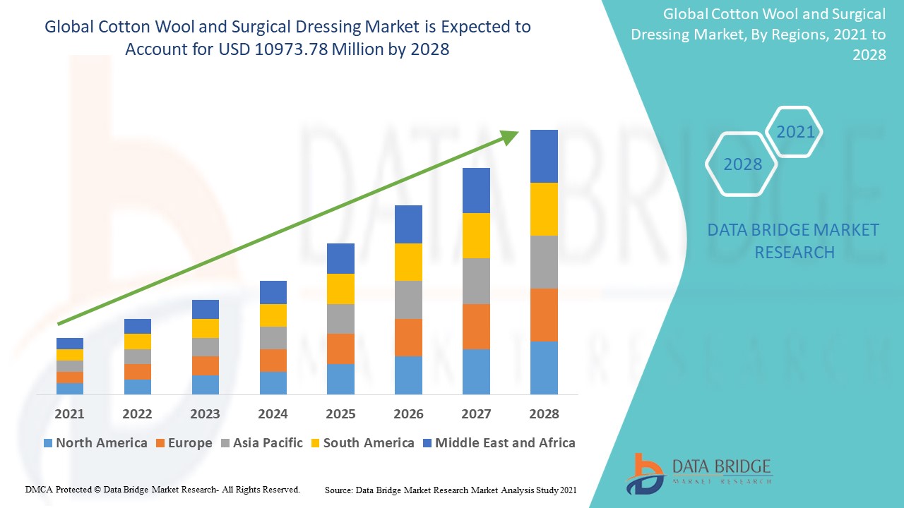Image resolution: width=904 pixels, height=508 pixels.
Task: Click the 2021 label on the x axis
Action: [x=69, y=414]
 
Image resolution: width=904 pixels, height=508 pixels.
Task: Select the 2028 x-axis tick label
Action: [x=544, y=414]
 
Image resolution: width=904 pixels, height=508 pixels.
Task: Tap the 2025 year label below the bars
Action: [x=340, y=414]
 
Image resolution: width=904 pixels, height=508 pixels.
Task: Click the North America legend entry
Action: [x=95, y=443]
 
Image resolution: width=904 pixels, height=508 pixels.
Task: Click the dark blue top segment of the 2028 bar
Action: [x=544, y=156]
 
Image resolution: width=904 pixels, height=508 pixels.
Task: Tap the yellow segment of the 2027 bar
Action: [x=476, y=236]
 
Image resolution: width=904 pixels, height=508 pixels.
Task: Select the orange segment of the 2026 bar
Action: [x=408, y=337]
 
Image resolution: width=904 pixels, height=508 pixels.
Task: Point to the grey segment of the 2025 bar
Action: [x=340, y=319]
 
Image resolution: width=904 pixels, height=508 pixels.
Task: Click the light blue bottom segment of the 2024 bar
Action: [x=273, y=382]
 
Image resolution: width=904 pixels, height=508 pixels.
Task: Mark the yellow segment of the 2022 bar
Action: [x=137, y=341]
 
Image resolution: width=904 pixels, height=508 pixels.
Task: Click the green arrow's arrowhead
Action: [x=510, y=136]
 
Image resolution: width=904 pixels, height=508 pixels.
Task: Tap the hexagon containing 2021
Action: [x=795, y=132]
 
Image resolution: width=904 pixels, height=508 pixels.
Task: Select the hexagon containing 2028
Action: [x=742, y=164]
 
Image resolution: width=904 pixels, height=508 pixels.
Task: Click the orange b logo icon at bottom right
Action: [x=643, y=473]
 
